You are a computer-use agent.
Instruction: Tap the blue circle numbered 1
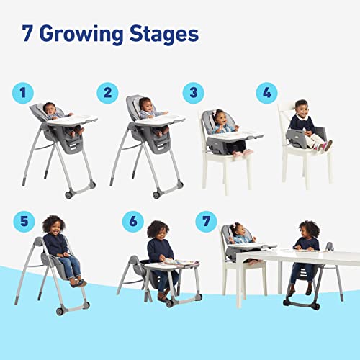[x=22, y=92]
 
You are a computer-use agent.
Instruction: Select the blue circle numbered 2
[x=108, y=92]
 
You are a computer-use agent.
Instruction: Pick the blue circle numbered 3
[x=193, y=92]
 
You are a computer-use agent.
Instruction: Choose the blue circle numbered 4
[x=267, y=92]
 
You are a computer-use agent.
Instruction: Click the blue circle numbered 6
[x=132, y=222]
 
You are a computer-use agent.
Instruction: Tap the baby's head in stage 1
[x=51, y=108]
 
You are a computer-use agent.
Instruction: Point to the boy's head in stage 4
[x=301, y=108]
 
